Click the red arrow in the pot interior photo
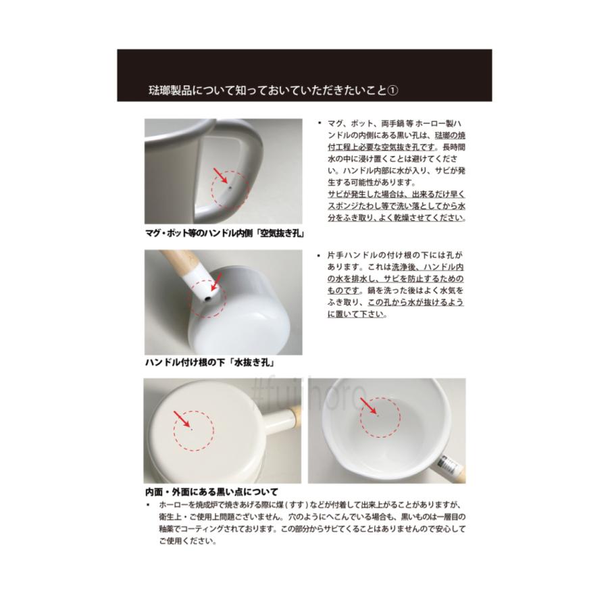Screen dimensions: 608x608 pos(369,406)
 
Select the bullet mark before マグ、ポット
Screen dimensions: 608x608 pos(318,124)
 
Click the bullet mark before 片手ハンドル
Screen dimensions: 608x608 pos(318,256)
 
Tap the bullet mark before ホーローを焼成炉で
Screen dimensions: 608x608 pos(148,505)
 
